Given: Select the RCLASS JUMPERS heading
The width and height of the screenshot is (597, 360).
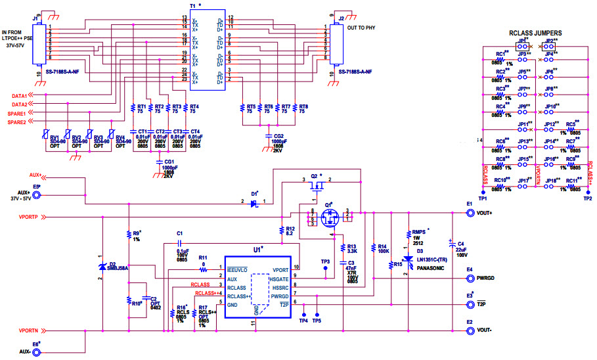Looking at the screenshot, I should point(535,33).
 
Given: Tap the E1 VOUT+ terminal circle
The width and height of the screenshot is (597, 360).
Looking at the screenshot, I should point(469,213).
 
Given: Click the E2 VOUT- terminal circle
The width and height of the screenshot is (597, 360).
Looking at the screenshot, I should point(469,331).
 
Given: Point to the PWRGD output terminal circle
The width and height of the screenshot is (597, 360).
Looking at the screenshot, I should point(469,278).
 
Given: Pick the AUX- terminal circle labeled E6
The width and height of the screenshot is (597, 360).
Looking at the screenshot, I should point(37,353).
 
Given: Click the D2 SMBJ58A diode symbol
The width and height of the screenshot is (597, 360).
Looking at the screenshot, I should point(102,266).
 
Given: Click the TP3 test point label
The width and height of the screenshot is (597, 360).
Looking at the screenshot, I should point(325,261).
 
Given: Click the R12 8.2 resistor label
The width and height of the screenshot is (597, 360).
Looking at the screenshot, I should point(290,230).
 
